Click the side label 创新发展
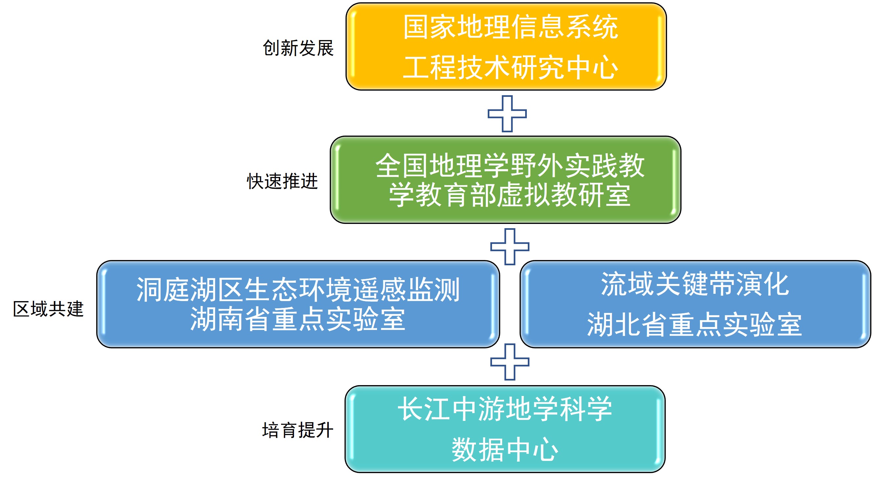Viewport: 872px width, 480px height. (x=298, y=48)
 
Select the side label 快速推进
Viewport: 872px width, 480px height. (x=282, y=181)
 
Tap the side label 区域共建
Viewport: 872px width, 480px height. (x=48, y=309)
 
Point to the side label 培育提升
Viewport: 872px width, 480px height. (x=298, y=430)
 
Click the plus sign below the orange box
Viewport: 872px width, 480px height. (x=507, y=114)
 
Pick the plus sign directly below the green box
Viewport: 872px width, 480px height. (x=509, y=247)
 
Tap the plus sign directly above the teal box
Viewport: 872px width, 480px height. (x=509, y=362)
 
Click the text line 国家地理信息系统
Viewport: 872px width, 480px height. (x=510, y=27)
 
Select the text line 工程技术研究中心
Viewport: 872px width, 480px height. (x=510, y=68)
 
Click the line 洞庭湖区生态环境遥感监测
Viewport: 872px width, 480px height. (x=298, y=290)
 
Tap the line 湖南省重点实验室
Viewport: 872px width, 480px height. (x=298, y=319)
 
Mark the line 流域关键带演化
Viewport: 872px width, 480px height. (x=695, y=284)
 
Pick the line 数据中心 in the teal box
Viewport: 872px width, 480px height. (x=505, y=449)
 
